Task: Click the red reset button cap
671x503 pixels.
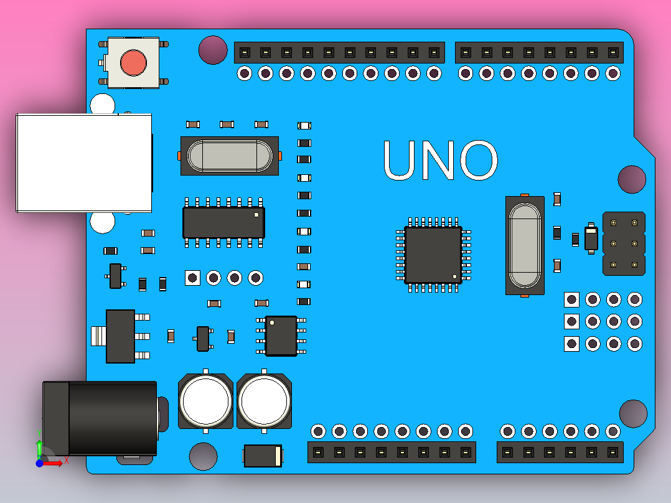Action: pyautogui.click(x=133, y=62)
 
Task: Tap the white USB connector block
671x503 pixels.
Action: pyautogui.click(x=84, y=162)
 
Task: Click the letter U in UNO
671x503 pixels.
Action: pyautogui.click(x=403, y=161)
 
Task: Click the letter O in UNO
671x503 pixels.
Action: pyautogui.click(x=478, y=161)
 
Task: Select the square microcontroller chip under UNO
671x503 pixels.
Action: pyautogui.click(x=433, y=255)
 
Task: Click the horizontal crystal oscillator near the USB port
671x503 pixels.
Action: pyautogui.click(x=230, y=156)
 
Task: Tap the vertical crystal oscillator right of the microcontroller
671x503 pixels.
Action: pyautogui.click(x=525, y=245)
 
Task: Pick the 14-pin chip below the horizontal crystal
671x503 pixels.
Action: pyautogui.click(x=223, y=222)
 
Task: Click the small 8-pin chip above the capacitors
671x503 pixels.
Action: pyautogui.click(x=281, y=336)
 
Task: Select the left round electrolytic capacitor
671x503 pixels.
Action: pyautogui.click(x=205, y=401)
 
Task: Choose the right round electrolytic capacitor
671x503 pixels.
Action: pyautogui.click(x=264, y=401)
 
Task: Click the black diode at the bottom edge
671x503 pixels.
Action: pyautogui.click(x=263, y=456)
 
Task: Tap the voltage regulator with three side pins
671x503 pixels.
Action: pyautogui.click(x=120, y=336)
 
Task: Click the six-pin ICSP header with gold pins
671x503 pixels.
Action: pyautogui.click(x=624, y=243)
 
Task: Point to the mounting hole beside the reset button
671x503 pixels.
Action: pyautogui.click(x=213, y=50)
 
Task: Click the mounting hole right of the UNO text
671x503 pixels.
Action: pyautogui.click(x=632, y=179)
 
